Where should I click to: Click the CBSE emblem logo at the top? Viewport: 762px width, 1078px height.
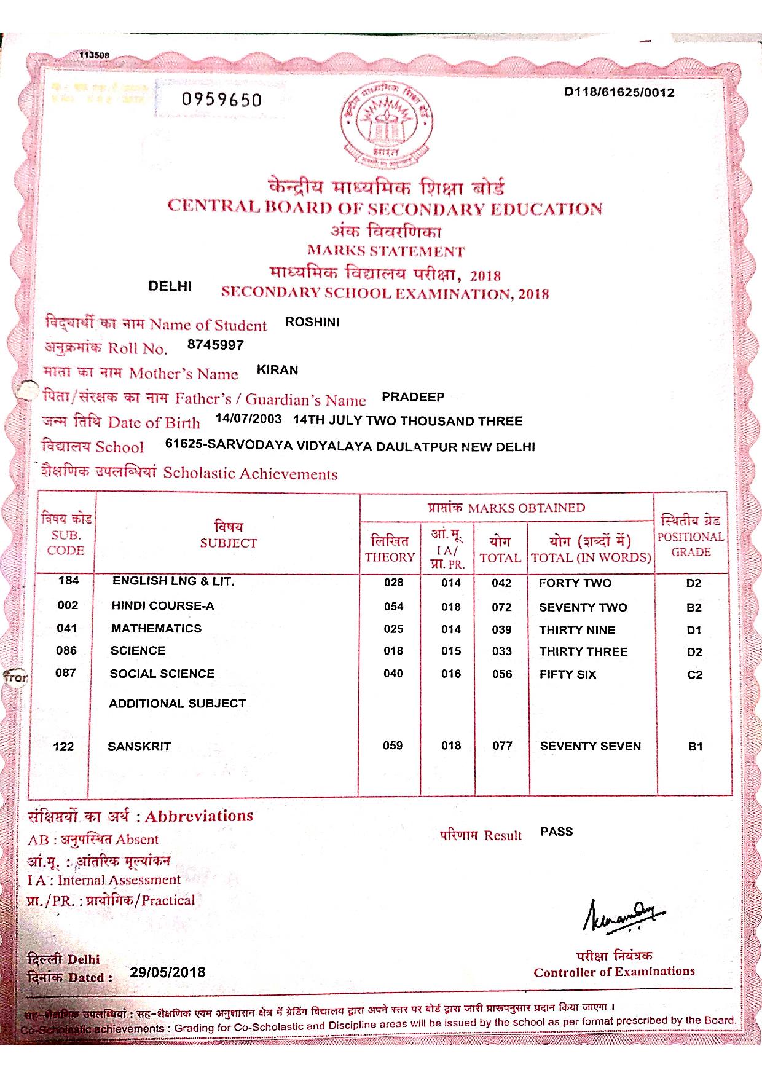tap(387, 127)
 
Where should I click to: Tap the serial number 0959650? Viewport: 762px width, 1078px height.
tap(221, 100)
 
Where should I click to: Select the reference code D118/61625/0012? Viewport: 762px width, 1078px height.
tap(619, 93)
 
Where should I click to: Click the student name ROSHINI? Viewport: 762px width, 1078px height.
tap(312, 322)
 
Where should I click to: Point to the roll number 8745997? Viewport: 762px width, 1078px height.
tap(215, 345)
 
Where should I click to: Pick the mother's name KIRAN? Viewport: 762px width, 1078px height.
tap(277, 370)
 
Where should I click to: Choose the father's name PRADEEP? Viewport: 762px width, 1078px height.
tap(413, 397)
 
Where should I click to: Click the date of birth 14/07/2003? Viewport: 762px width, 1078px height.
tap(249, 420)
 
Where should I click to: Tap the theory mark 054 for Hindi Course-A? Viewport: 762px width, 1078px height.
tap(393, 607)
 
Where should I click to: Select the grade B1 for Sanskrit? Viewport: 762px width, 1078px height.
tap(695, 746)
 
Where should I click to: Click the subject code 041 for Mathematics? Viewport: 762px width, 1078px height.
tap(67, 628)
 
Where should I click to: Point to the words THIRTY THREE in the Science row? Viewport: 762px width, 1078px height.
tap(583, 651)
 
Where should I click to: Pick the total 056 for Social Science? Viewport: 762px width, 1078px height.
tap(501, 674)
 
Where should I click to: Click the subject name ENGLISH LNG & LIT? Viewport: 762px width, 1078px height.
tap(173, 581)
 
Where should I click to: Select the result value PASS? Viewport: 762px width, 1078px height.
tap(557, 832)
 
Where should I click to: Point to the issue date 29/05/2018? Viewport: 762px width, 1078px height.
tap(168, 972)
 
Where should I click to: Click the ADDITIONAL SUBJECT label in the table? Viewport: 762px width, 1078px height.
tap(177, 704)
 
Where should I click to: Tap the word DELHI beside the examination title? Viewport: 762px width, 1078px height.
tap(170, 286)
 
